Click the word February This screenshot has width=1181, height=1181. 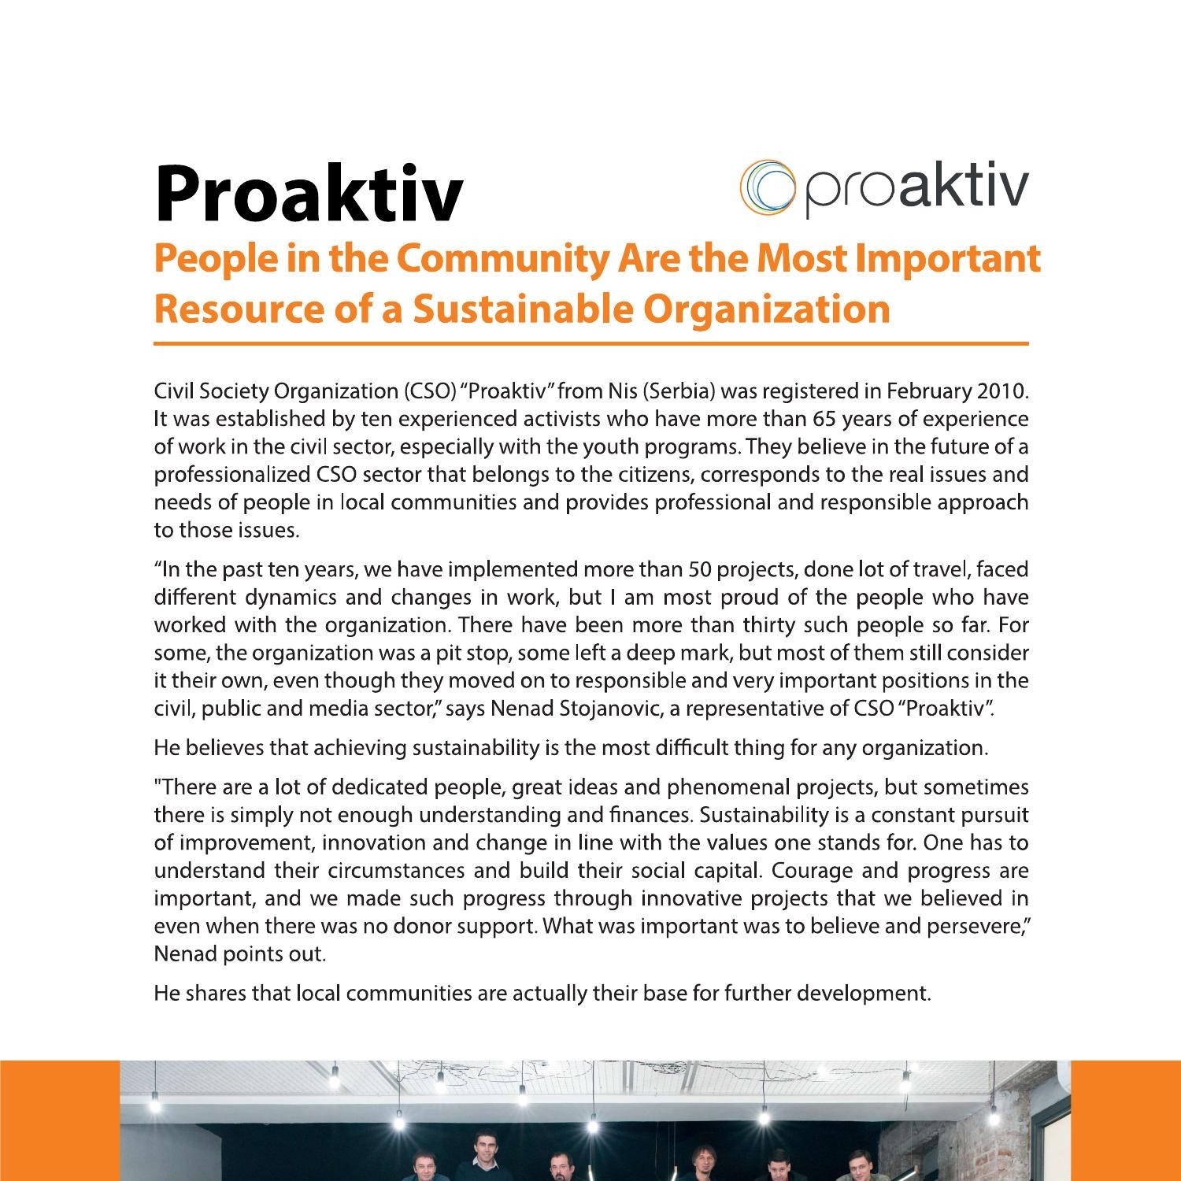click(928, 391)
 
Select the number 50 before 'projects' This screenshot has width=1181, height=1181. click(700, 569)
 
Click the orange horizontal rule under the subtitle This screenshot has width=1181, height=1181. click(591, 344)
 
